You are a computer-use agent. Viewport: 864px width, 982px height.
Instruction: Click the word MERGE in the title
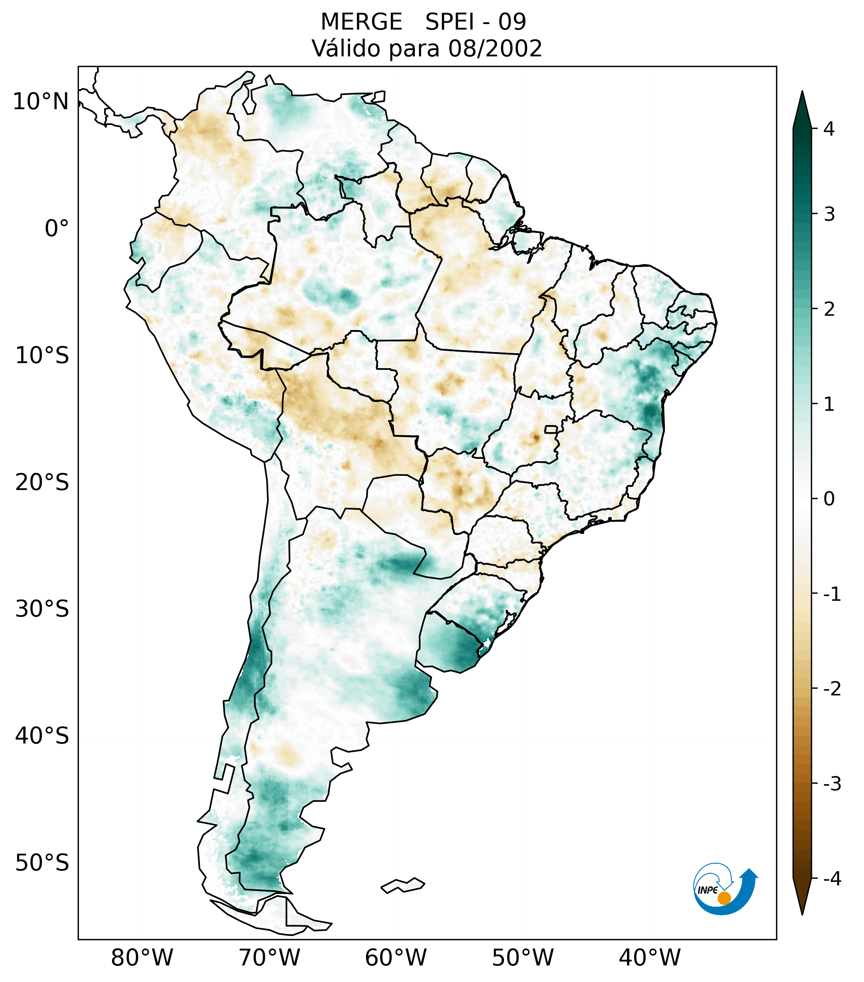point(361,22)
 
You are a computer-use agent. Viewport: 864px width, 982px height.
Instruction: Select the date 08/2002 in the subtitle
point(495,48)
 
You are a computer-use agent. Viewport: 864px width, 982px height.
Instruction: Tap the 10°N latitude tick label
point(40,102)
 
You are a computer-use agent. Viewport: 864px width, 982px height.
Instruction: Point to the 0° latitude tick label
point(56,229)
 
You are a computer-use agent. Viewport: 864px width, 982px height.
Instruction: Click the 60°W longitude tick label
point(396,958)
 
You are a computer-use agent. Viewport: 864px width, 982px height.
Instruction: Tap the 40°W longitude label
point(650,958)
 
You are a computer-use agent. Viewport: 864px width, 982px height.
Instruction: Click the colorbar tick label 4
point(829,129)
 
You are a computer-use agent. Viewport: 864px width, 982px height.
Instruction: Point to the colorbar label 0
point(829,499)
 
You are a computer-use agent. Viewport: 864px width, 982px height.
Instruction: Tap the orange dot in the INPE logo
point(724,898)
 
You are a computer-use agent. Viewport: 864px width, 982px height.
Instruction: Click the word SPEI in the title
point(449,22)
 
